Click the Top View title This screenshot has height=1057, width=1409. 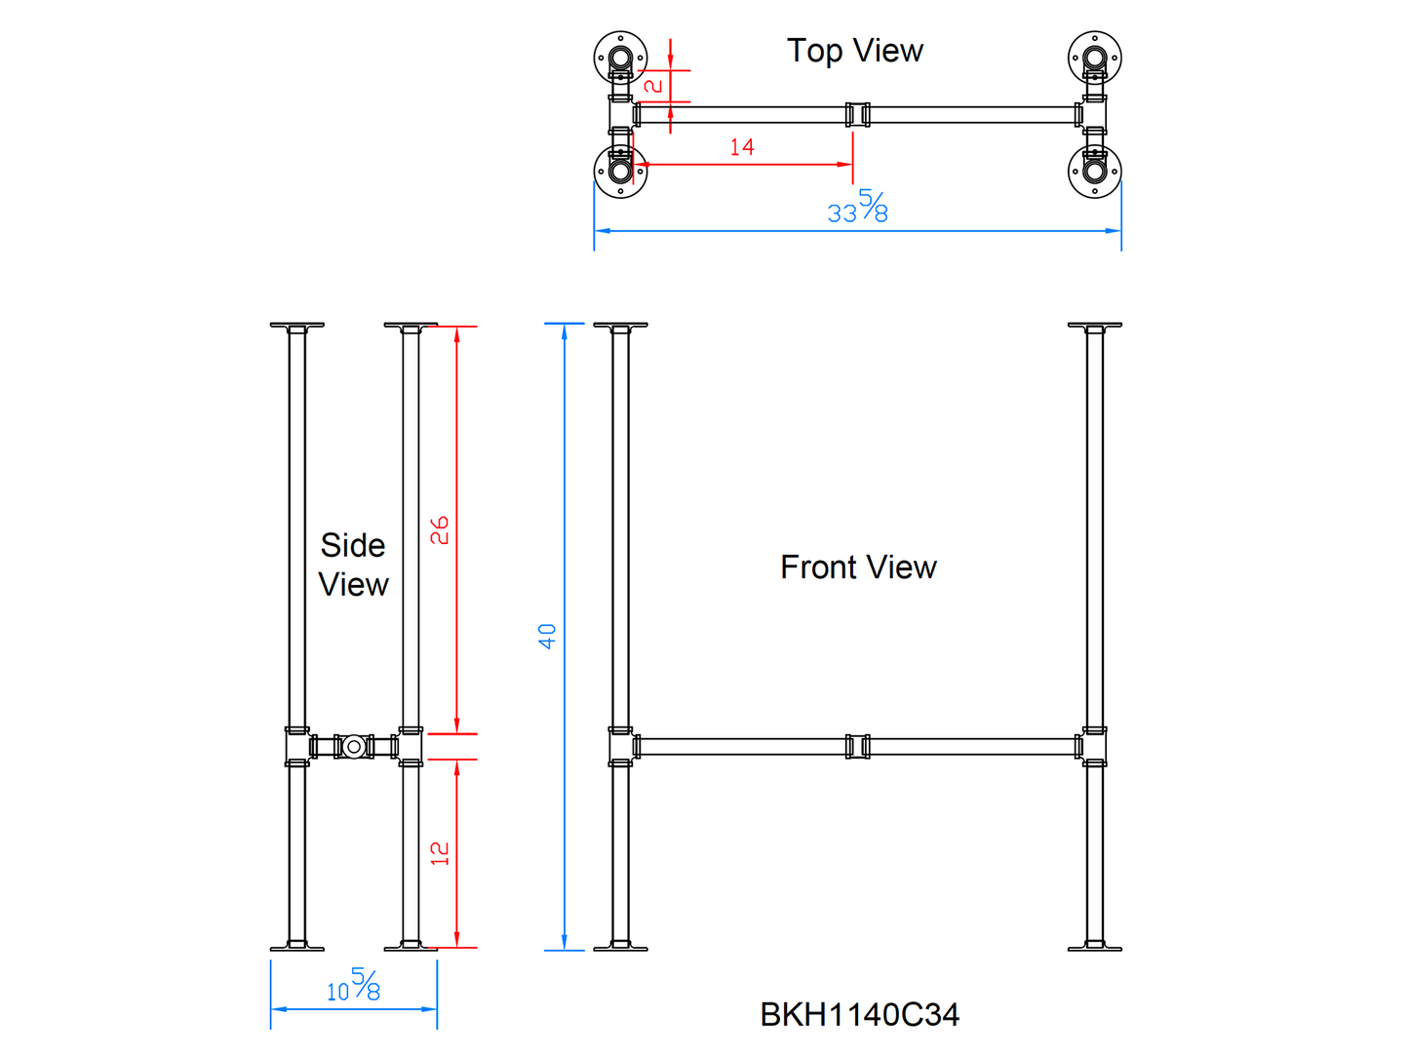tap(854, 51)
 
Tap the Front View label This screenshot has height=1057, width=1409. tap(858, 567)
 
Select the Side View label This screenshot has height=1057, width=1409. tap(353, 565)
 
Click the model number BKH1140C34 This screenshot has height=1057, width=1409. tap(859, 1014)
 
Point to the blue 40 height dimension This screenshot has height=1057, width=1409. tap(547, 636)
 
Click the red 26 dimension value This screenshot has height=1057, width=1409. tap(440, 529)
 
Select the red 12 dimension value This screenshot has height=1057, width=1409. tap(440, 853)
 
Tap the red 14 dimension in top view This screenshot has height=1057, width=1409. tap(742, 147)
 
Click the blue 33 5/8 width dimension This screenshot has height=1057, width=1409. tap(858, 208)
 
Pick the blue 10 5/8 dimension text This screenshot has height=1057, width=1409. tap(353, 986)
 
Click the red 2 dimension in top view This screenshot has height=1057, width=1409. tap(654, 86)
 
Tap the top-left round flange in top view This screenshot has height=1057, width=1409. tap(620, 57)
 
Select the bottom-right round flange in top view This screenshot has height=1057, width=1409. tap(1095, 171)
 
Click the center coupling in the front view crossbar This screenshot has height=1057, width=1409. tap(857, 747)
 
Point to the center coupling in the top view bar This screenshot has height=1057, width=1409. tap(857, 114)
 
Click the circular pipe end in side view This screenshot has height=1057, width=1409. tap(354, 747)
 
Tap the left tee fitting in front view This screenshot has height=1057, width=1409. tap(621, 747)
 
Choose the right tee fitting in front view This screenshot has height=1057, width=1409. tap(1094, 747)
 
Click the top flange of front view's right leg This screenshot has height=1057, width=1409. tap(1095, 326)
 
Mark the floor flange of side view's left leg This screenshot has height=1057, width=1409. tap(297, 946)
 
